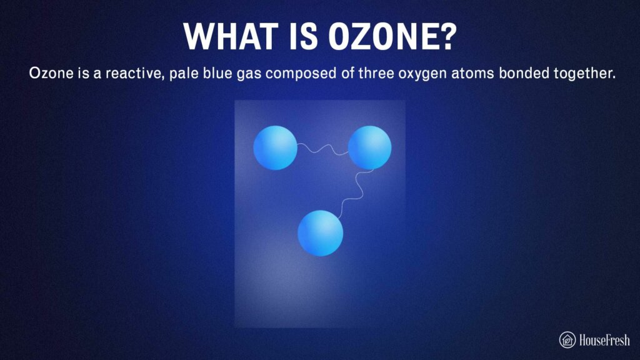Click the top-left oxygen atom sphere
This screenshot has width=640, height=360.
[x=275, y=147]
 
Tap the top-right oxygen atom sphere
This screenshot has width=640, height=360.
[x=369, y=147]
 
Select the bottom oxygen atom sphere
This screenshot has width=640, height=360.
[x=321, y=233]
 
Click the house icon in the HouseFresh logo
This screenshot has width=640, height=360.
[x=567, y=339]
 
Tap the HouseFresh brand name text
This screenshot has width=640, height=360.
[x=604, y=340]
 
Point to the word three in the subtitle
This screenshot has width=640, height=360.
[x=376, y=74]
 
